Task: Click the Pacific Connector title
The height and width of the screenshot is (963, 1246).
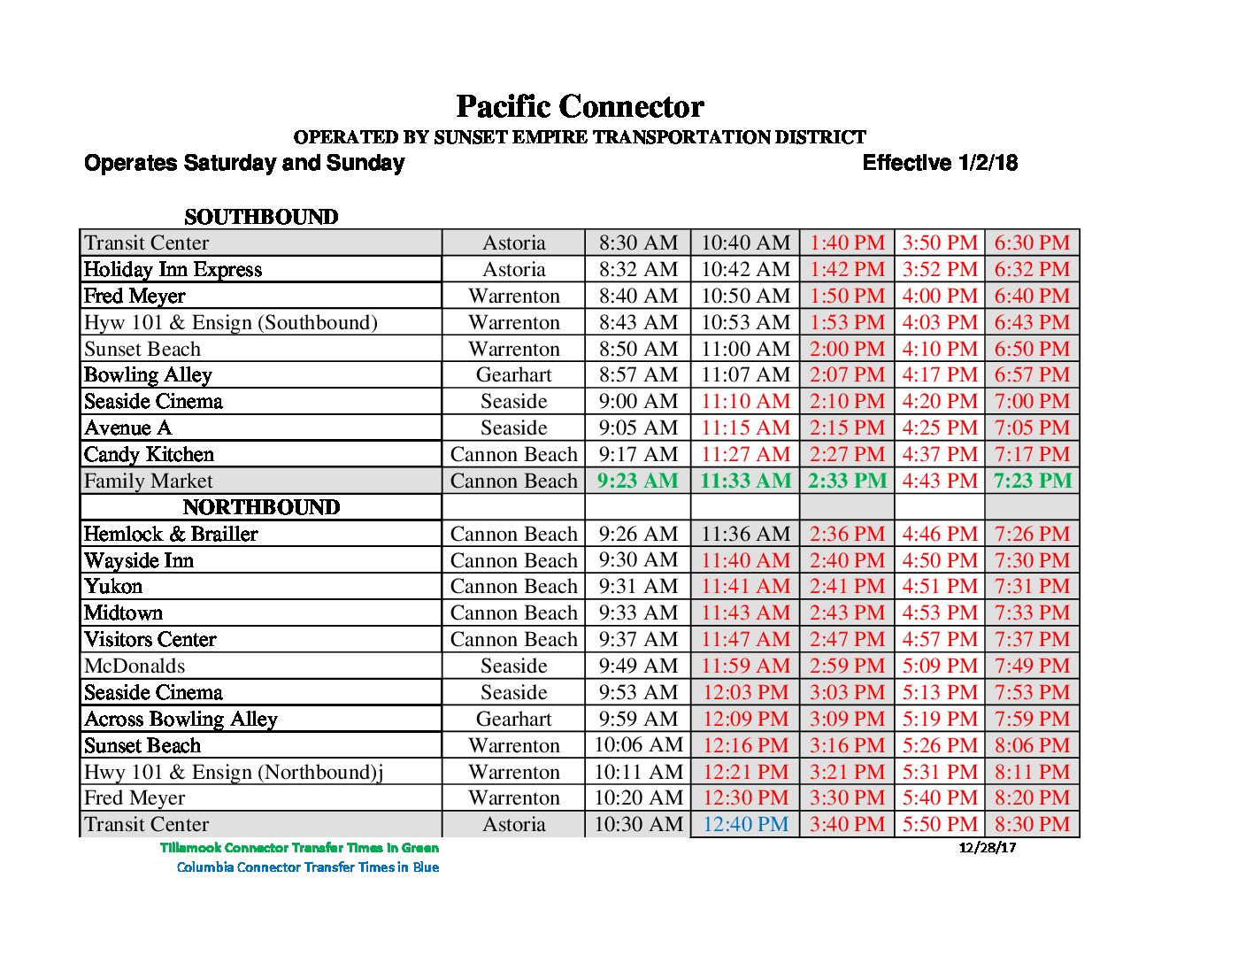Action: pos(580,107)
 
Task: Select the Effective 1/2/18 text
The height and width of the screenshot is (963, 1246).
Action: pos(940,163)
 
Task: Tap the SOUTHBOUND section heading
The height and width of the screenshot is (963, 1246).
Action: pos(261,217)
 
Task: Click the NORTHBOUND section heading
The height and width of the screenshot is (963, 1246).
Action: pos(261,507)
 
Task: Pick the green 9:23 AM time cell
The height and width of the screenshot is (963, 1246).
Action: pos(638,481)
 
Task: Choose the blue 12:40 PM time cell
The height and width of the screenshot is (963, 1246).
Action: pos(745,824)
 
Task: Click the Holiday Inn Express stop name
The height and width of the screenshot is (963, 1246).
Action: pos(173,269)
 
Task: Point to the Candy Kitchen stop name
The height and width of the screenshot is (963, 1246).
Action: pos(150,454)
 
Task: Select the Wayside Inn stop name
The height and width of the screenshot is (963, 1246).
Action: pos(139,560)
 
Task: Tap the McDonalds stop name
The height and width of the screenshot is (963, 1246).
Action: pos(135,666)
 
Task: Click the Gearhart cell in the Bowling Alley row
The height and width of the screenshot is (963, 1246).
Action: pos(513,374)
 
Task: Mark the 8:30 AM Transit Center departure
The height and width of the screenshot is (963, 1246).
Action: pos(638,243)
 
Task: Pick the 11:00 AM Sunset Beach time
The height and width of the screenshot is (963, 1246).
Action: pos(745,349)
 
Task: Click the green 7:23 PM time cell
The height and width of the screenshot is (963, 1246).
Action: pos(1032,481)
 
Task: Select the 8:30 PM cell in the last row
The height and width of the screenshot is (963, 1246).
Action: pos(1032,824)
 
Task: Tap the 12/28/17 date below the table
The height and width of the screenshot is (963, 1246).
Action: pos(988,847)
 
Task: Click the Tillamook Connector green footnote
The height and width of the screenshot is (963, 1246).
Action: pos(299,847)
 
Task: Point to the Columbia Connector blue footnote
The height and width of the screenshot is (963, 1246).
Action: pos(308,867)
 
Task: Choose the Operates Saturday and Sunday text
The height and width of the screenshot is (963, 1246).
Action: pos(244,163)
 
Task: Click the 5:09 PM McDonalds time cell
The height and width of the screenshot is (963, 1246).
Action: pos(940,666)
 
